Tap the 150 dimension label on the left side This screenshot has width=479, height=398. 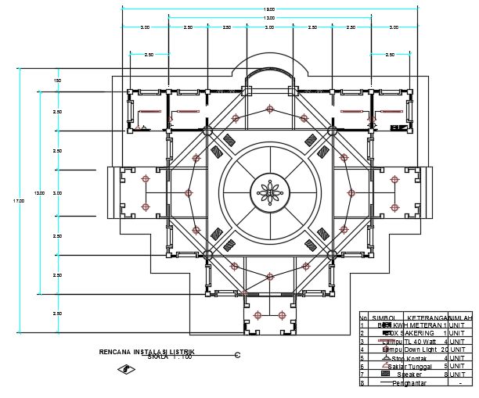click(57, 81)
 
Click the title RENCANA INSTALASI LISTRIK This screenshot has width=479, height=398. click(146, 353)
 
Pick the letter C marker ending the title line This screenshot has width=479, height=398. click(237, 356)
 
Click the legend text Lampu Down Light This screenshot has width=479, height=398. click(408, 350)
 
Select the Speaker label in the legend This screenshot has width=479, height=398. click(409, 375)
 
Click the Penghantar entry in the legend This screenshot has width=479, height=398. click(409, 383)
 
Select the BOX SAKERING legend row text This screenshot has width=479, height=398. click(409, 333)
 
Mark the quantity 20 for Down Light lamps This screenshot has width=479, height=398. click(445, 350)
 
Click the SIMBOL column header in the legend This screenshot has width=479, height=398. click(383, 318)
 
